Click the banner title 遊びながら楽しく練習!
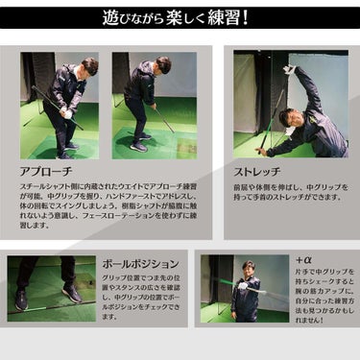coord(180,16)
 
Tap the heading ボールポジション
coord(139,263)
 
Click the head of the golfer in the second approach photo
coord(162,65)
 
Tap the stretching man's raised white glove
coord(288,70)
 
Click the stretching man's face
coord(286,118)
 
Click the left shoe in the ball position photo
coord(21,300)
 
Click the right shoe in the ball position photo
coord(72,294)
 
